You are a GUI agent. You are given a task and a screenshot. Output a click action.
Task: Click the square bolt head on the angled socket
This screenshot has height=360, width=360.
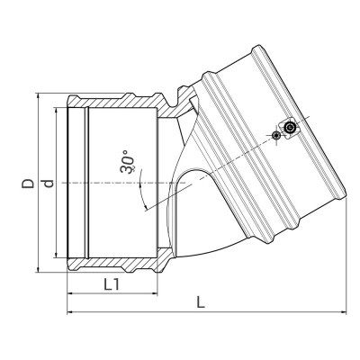tap(290, 130)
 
